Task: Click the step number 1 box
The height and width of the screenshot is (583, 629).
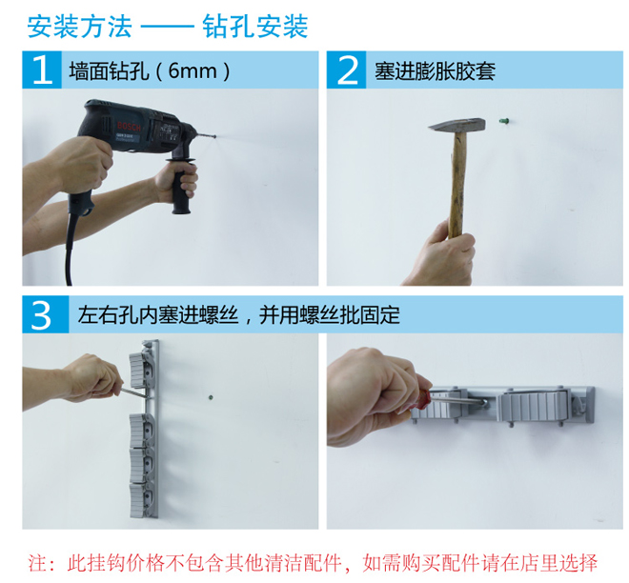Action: (41, 70)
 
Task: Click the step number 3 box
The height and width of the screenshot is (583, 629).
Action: (41, 314)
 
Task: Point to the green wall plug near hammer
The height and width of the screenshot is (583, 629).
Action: (506, 121)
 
